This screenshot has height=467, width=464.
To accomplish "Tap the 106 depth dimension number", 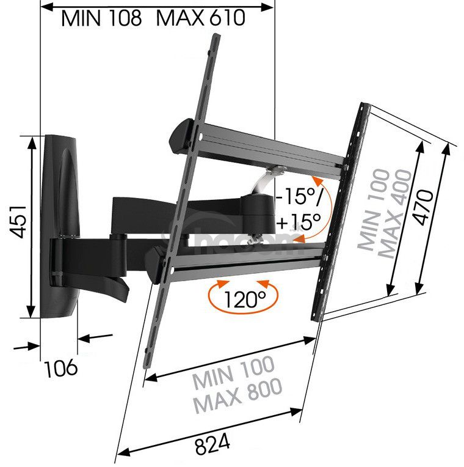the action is pyautogui.click(x=61, y=368).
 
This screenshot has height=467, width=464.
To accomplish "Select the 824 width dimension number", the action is pyautogui.click(x=212, y=444).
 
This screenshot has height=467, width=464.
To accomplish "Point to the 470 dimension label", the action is pyautogui.click(x=424, y=207).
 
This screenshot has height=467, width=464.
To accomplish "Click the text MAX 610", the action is pyautogui.click(x=200, y=18).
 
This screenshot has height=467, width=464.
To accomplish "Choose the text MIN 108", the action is pyautogui.click(x=101, y=18).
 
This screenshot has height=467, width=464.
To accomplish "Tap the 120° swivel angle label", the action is pyautogui.click(x=244, y=299).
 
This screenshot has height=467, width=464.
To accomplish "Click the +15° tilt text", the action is pyautogui.click(x=299, y=221).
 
